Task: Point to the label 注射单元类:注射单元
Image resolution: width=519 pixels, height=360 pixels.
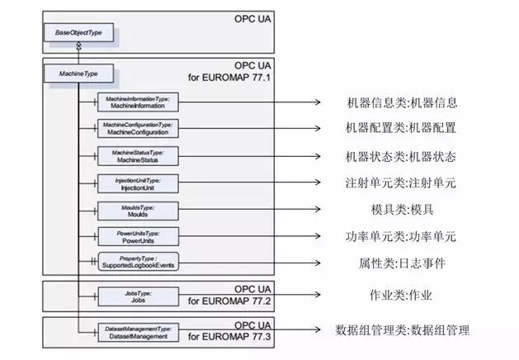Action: click(401, 183)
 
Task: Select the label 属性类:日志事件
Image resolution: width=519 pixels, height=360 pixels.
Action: click(401, 263)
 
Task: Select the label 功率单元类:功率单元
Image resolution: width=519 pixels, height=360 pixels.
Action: click(401, 237)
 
